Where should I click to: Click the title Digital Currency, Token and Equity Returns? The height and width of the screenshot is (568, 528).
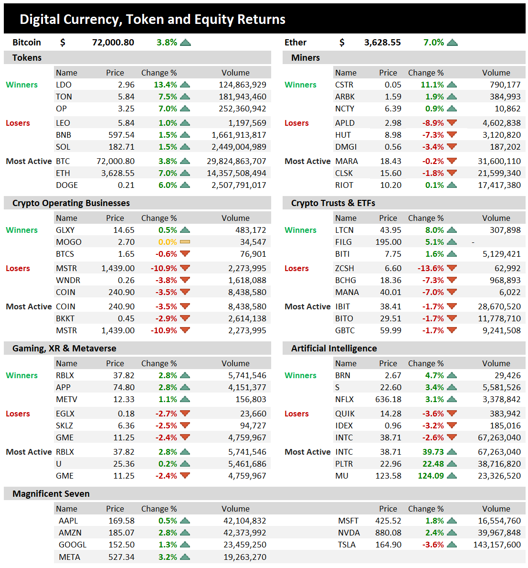152,20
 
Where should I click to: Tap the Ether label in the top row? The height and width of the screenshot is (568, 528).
296,43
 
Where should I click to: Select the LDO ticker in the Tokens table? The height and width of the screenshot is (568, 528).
63,85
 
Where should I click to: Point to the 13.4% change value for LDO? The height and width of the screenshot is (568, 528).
165,85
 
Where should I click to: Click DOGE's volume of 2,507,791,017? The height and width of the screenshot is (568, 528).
239,185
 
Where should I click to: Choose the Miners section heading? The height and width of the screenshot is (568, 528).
306,58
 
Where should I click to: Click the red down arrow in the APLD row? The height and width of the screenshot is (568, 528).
452,123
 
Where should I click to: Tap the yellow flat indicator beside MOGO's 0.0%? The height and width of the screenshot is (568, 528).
185,242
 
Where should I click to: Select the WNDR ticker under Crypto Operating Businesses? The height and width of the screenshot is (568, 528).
68,280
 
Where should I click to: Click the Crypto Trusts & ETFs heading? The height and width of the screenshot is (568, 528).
333,203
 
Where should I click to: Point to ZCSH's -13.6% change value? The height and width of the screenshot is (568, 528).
431,268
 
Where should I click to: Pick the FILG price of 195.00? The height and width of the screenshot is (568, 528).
388,242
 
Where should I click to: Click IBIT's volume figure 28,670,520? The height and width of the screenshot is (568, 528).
499,306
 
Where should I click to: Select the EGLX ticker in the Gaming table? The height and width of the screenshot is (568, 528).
65,414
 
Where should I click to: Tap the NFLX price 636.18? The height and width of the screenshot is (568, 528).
388,399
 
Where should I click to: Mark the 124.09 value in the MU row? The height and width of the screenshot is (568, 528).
431,476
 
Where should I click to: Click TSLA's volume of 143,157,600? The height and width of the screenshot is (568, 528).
496,545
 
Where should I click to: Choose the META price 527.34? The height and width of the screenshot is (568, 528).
121,557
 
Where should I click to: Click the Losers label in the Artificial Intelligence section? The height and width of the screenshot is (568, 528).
296,414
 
